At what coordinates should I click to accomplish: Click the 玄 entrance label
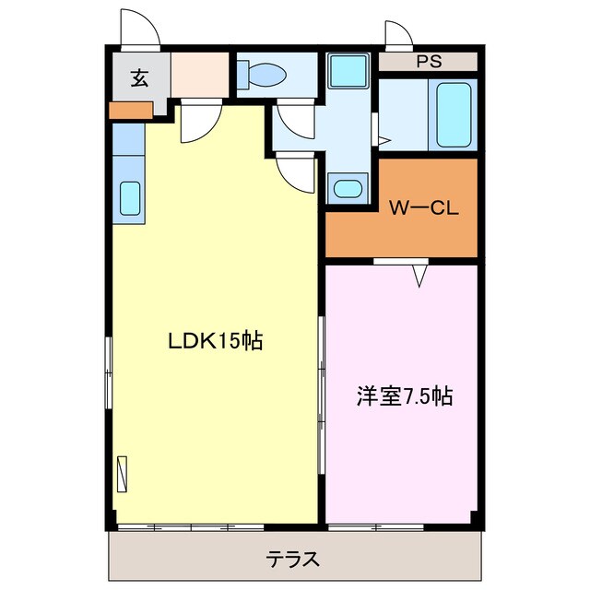point(138,78)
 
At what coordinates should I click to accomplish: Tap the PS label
point(427,62)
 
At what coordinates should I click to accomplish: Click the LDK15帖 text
point(214,342)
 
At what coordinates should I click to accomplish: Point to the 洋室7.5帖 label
point(404,396)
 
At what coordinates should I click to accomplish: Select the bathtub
point(454,115)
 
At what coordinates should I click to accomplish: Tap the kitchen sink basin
point(130,198)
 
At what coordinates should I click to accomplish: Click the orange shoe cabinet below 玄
point(130,111)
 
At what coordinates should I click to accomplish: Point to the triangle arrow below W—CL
point(420,274)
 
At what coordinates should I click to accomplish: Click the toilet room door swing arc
point(294,122)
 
